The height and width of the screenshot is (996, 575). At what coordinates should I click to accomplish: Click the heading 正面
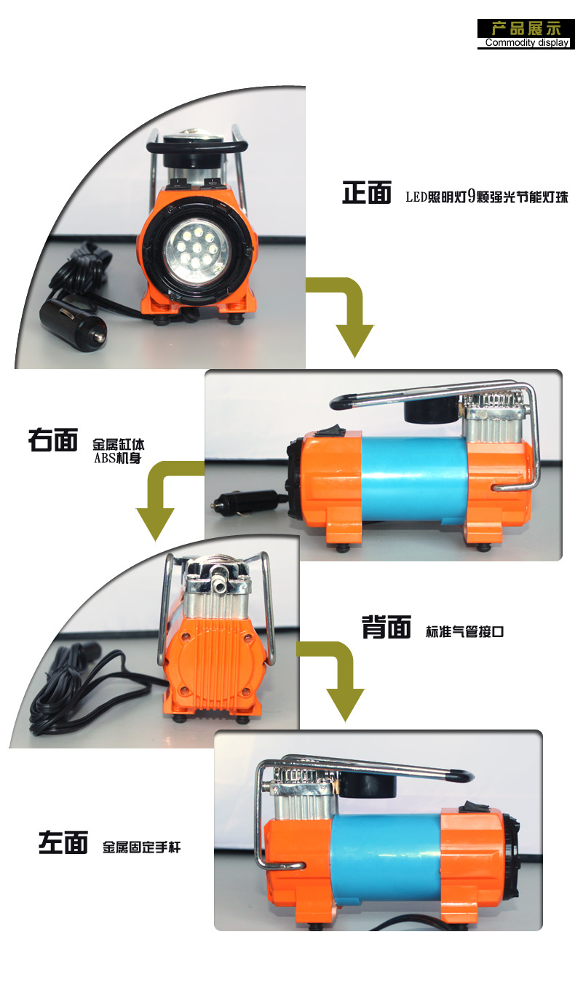point(367,192)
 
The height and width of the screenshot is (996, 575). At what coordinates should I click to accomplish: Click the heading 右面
point(53,440)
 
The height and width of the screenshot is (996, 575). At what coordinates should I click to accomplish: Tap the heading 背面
point(386,627)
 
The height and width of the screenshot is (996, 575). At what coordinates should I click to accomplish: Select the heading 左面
point(63,842)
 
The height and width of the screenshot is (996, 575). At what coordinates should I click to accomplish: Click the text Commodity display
point(526,43)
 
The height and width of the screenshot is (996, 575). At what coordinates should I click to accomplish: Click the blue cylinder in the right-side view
point(414,478)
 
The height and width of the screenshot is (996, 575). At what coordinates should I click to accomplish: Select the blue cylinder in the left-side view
point(386,861)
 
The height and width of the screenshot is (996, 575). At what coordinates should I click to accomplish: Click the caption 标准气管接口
point(464,631)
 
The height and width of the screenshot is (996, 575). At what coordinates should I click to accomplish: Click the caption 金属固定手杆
point(141,847)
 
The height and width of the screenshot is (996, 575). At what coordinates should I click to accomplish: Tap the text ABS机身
point(118,458)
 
